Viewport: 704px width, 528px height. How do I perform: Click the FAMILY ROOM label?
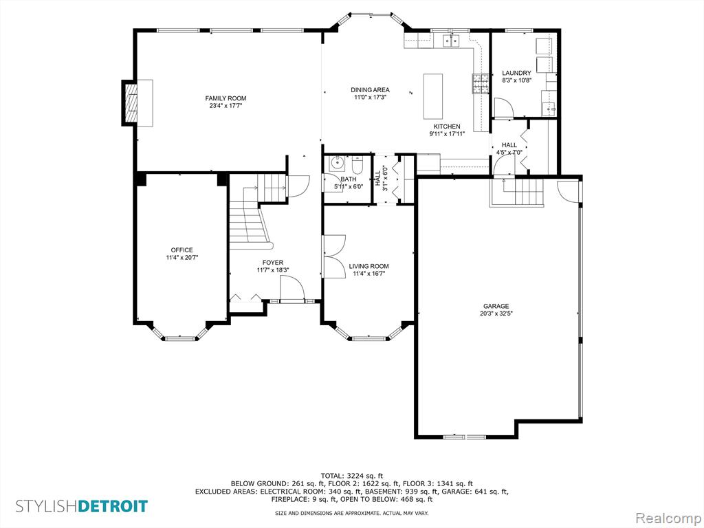[x=225, y=98]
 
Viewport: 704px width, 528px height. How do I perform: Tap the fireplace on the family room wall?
[x=137, y=103]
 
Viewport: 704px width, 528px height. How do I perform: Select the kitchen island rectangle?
[x=433, y=96]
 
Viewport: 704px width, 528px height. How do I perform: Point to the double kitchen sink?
[x=452, y=41]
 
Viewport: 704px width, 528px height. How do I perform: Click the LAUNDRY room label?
[x=516, y=73]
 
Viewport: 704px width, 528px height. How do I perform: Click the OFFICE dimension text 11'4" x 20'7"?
[x=181, y=258]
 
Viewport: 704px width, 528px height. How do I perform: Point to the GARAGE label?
[x=496, y=306]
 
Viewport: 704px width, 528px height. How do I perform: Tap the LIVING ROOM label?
[x=369, y=266]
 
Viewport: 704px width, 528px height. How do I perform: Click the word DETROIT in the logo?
[x=113, y=506]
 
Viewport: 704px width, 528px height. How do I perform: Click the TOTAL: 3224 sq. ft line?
[x=352, y=475]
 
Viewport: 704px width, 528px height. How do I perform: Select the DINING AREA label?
[x=370, y=90]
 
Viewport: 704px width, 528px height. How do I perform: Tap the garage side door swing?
[x=569, y=190]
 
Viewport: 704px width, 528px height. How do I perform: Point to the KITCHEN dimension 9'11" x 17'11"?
[x=447, y=133]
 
